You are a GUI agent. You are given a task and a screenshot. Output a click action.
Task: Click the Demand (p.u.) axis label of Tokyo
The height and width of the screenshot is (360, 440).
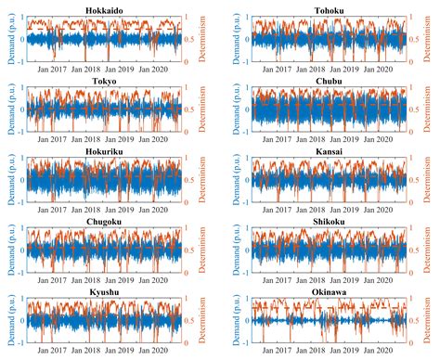(x=7, y=109)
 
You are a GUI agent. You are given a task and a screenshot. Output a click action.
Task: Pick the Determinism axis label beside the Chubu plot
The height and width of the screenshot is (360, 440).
(x=431, y=109)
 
